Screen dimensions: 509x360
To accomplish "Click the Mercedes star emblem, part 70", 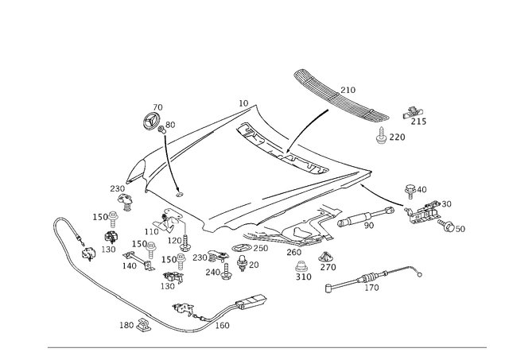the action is [151, 122].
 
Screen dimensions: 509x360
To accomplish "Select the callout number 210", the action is [348, 90].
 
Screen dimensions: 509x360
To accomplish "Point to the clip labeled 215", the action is [413, 112].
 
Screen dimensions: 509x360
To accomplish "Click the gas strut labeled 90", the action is [366, 216].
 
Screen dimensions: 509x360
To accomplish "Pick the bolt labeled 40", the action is [410, 191].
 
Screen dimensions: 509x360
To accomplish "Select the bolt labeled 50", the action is [447, 226].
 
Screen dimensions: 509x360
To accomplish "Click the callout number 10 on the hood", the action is [243, 103].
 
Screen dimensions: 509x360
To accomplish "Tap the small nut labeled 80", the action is [161, 130].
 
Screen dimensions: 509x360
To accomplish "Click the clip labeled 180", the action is [143, 325].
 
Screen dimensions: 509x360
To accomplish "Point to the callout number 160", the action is [222, 325].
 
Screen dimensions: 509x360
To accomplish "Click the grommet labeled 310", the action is [301, 266].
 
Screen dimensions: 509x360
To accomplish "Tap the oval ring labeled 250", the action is [242, 248].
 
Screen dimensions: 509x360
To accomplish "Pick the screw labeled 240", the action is [226, 272].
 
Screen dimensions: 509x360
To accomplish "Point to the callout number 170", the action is [372, 288].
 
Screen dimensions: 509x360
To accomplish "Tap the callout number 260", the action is [293, 252].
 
